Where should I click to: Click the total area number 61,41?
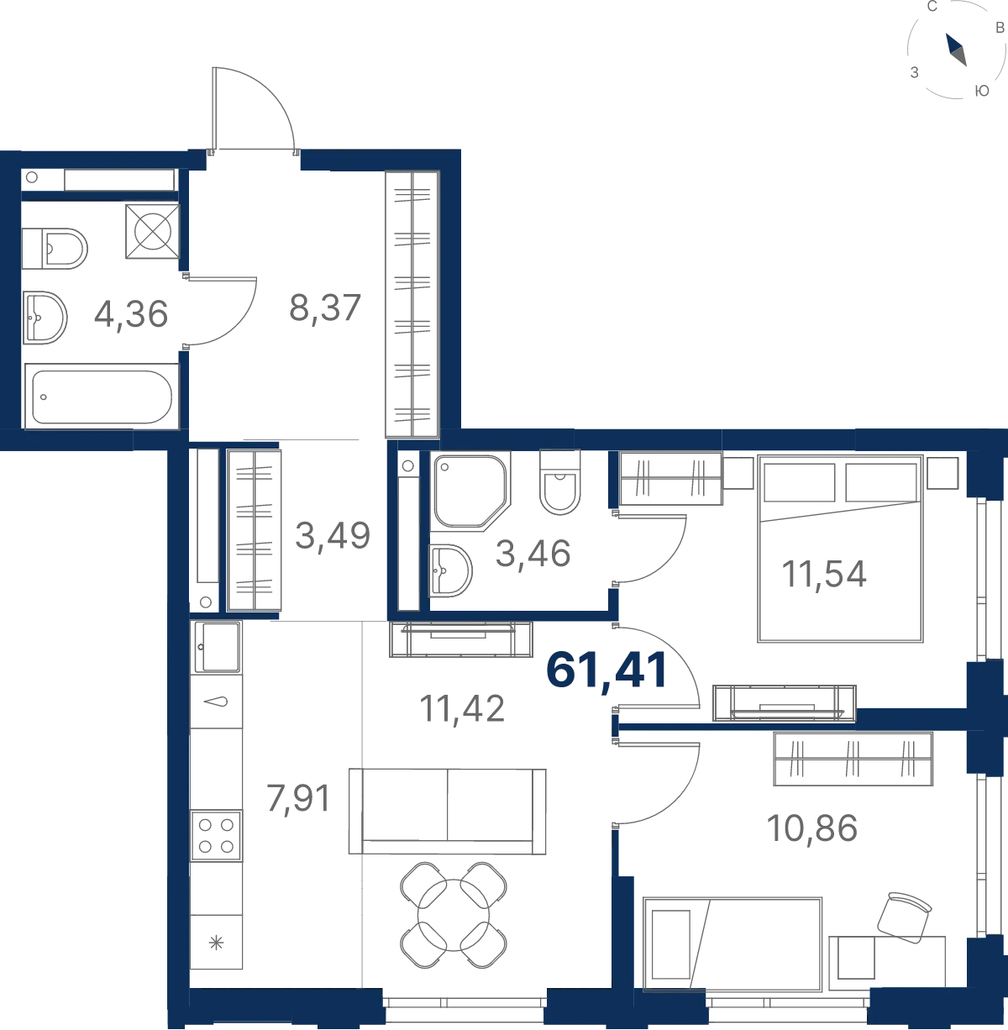[x=606, y=670]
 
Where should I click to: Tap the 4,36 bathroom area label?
[x=131, y=313]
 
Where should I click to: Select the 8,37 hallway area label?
[x=325, y=308]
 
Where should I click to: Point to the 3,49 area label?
[x=333, y=536]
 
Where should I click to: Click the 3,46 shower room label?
[x=533, y=553]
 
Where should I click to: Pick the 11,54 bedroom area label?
[x=823, y=575]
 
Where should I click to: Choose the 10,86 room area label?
[x=811, y=828]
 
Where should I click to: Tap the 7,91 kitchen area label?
[x=298, y=799]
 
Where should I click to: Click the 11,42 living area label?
[x=462, y=709]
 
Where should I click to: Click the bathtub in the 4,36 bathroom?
[x=102, y=396]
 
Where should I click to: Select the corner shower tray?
[x=470, y=491]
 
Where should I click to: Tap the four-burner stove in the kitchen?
[x=217, y=835]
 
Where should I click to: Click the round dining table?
[x=454, y=915]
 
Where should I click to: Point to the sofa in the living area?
[x=448, y=812]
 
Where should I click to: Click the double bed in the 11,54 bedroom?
[x=840, y=549]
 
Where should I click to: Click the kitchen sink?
[x=217, y=647]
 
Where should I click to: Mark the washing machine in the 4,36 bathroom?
[x=152, y=231]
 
